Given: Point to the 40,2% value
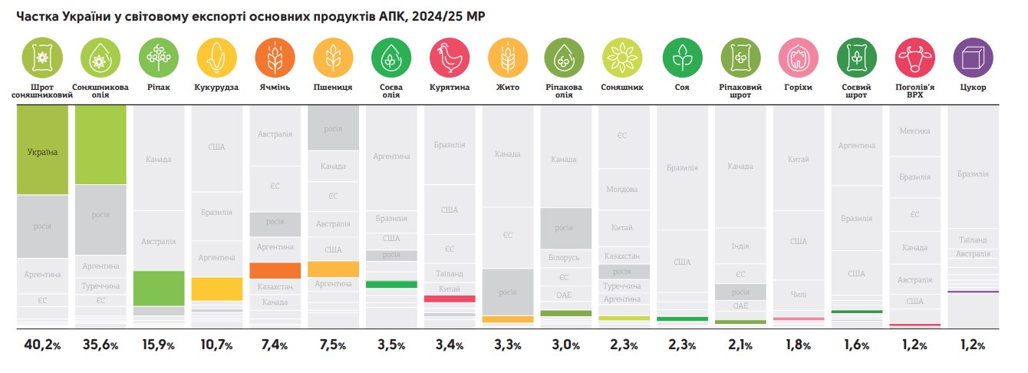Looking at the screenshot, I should click(x=42, y=345).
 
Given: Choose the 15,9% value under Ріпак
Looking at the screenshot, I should click(x=158, y=345).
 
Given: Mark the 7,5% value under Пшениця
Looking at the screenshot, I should click(x=333, y=345).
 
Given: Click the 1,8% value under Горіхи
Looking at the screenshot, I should click(x=798, y=345).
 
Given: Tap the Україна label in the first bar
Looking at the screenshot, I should click(x=42, y=152).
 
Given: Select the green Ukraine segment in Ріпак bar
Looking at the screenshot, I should click(x=159, y=289).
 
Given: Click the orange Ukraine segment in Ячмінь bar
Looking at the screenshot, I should click(x=275, y=270).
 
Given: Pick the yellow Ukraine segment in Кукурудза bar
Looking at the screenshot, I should click(x=216, y=289).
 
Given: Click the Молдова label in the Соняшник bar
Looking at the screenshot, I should click(x=622, y=189).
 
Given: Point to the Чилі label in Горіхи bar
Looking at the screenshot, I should click(x=799, y=294).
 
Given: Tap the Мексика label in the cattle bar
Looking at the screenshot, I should click(x=914, y=131).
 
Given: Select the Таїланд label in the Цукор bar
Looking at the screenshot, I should click(x=973, y=240).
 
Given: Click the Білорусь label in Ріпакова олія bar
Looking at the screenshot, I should click(x=564, y=257).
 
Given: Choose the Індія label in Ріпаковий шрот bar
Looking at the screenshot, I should click(x=740, y=246).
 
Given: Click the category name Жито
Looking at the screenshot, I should click(x=507, y=87).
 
